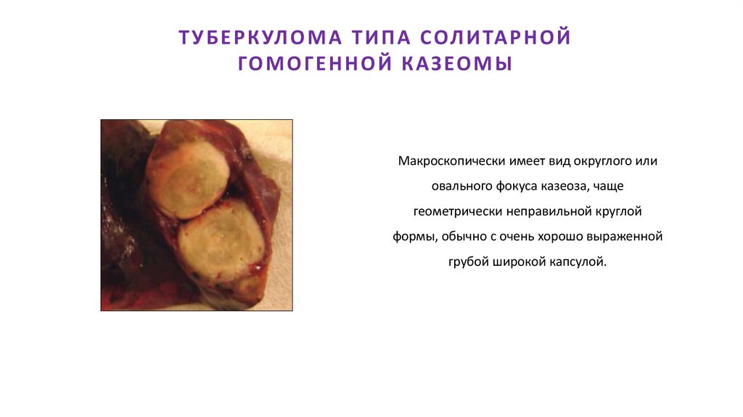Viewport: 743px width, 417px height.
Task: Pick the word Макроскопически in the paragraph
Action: [445, 161]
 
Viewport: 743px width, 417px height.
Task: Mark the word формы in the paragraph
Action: [412, 236]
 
